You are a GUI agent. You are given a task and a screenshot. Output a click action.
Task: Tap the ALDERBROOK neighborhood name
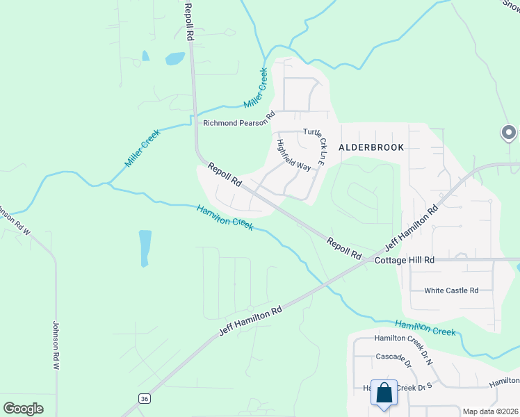[371, 147]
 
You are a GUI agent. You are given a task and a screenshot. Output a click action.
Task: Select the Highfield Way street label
[293, 155]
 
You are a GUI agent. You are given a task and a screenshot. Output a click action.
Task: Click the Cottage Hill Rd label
[405, 259]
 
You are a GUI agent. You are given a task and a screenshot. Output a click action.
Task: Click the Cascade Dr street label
[393, 363]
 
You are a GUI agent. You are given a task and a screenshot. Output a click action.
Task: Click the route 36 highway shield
[144, 398]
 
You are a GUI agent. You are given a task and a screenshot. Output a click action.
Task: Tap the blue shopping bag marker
[384, 393]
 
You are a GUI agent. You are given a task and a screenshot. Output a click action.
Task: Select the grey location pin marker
[508, 132]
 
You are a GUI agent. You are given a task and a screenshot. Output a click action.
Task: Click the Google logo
[23, 409]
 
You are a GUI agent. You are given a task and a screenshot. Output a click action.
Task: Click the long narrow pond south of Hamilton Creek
[145, 248]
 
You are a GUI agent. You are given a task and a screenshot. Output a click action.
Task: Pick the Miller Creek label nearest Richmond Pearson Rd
[255, 88]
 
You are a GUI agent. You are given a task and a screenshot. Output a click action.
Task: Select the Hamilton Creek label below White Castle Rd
[425, 328]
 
